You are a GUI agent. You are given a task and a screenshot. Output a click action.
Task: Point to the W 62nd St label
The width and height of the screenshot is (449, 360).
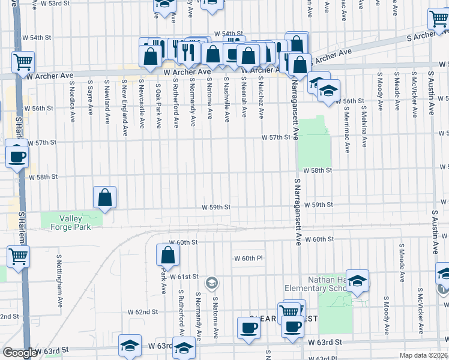coord(142,312)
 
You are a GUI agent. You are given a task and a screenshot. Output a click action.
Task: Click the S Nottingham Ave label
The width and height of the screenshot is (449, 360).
coord(59,274)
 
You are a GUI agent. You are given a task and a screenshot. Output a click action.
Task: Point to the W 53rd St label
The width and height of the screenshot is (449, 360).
coord(65,4)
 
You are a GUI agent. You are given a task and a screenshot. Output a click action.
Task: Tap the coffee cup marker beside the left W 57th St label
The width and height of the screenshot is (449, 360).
coord(17,157)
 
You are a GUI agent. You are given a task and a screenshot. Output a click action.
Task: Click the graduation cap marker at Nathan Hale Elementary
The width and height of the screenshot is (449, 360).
coord(357,281)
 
